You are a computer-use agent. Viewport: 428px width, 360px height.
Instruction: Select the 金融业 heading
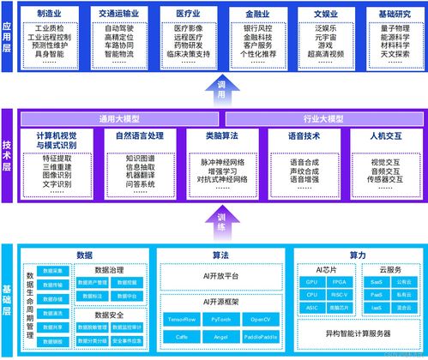(258, 15)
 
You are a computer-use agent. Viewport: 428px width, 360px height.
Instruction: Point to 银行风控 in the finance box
(258, 28)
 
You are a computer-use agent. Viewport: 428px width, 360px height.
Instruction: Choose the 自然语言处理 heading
(139, 135)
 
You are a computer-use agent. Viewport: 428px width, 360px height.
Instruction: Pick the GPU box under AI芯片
(311, 282)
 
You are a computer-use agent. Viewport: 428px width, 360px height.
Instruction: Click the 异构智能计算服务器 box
(358, 333)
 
